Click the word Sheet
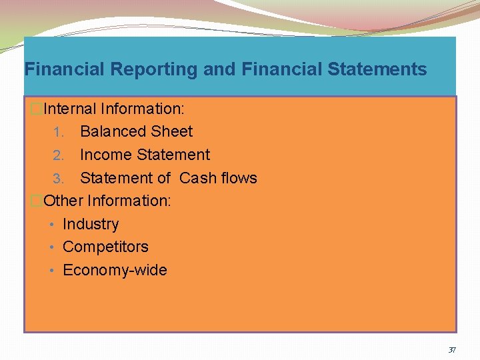172,131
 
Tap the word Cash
199,178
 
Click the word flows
239,178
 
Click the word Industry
91,224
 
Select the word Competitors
105,247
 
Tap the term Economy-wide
115,270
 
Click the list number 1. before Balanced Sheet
59,132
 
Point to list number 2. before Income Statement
59,155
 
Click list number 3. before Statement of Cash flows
59,179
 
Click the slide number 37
452,349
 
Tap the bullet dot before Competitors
53,247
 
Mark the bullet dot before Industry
53,225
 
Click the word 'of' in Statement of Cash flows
164,178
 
